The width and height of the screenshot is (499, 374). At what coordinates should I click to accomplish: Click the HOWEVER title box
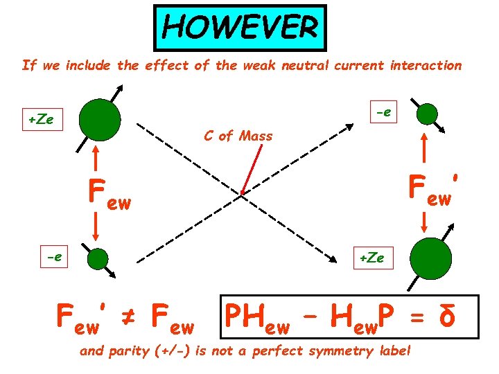click(x=239, y=28)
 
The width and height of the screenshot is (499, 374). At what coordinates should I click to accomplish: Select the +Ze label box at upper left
click(x=42, y=119)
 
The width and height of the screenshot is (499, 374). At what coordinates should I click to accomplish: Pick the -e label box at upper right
click(x=383, y=111)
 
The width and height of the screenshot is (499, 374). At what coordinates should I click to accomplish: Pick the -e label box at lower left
click(x=53, y=257)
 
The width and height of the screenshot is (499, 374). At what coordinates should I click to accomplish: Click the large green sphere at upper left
click(x=99, y=119)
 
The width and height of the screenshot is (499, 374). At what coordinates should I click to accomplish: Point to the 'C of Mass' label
click(x=238, y=136)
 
